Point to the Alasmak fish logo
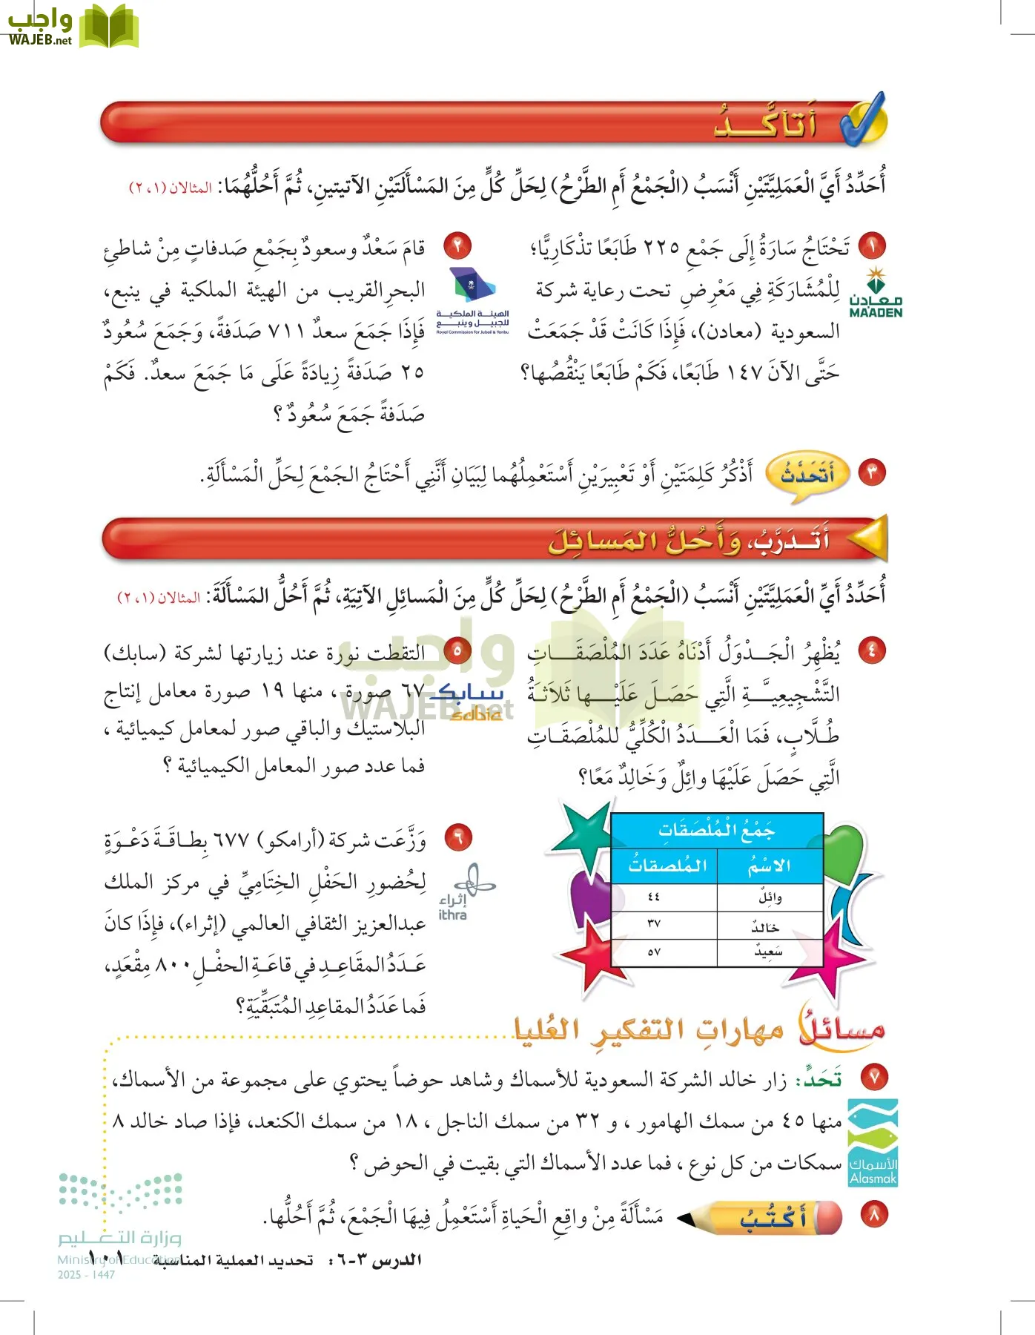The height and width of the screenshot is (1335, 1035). click(x=873, y=1142)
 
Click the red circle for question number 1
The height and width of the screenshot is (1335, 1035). click(x=873, y=246)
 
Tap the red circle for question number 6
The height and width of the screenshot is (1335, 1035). click(x=457, y=838)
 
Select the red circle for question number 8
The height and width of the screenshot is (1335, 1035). click(x=873, y=1215)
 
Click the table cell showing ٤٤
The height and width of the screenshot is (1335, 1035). click(x=653, y=897)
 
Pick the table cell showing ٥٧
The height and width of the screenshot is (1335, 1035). click(x=653, y=952)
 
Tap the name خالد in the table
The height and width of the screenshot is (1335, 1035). click(x=766, y=926)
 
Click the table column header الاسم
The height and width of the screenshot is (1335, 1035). click(x=769, y=866)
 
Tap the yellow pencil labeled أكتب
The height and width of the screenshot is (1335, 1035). click(x=764, y=1218)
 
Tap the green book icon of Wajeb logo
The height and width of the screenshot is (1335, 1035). click(x=109, y=27)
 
